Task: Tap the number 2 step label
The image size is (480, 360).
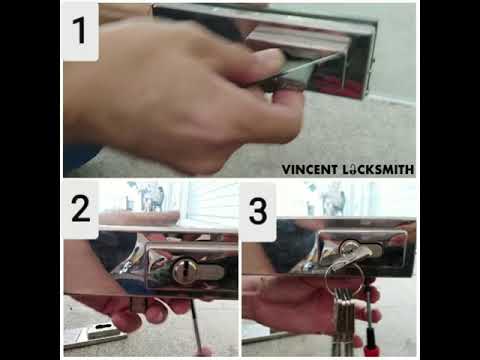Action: [80, 211]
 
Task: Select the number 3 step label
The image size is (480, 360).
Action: [259, 211]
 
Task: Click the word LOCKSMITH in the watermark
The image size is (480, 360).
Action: [381, 170]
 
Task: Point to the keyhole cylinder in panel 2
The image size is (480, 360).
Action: [184, 269]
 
